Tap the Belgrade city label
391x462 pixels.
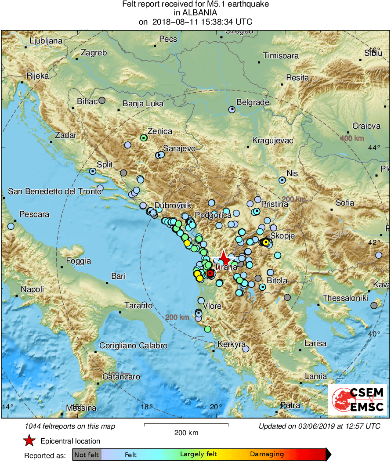[x=253, y=102]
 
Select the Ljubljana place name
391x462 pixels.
[x=46, y=41]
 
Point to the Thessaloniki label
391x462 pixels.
[x=345, y=298]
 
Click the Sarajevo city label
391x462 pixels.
[x=179, y=148]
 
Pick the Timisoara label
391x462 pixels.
[x=281, y=56]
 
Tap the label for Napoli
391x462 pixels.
[x=33, y=289]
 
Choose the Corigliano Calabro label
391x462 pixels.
[x=133, y=346]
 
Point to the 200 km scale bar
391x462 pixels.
[x=186, y=425]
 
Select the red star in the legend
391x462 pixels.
[x=29, y=440]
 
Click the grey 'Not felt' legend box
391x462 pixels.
[x=87, y=454]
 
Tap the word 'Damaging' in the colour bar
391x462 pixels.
[x=267, y=454]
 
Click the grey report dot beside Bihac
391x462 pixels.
[x=102, y=100]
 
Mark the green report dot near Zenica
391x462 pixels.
[x=143, y=137]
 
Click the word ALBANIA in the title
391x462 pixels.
[x=195, y=13]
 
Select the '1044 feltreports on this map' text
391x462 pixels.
[x=70, y=426]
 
